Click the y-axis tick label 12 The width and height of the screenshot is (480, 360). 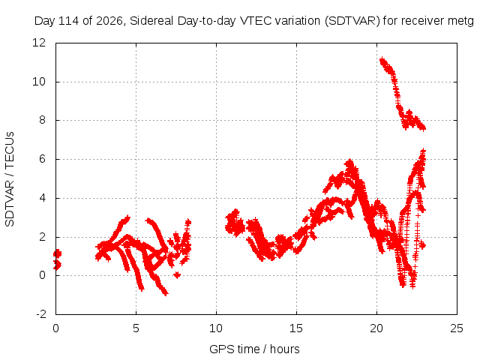tap(39, 43)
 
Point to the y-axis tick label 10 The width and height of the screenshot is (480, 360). tap(39, 82)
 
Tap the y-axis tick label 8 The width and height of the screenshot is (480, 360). tap(42, 120)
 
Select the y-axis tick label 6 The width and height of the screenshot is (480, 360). tap(42, 159)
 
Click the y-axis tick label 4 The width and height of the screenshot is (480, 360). tap(42, 198)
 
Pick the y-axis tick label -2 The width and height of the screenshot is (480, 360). tap(41, 314)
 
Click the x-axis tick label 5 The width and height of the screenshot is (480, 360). tap(136, 328)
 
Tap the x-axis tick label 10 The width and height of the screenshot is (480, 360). tap(216, 328)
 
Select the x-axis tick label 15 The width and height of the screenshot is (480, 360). tap(296, 328)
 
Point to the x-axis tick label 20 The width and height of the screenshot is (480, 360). tap(376, 328)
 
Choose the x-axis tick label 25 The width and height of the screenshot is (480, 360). tap(457, 328)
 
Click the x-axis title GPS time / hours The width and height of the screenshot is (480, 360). tap(254, 349)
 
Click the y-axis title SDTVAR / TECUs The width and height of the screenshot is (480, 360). tap(10, 179)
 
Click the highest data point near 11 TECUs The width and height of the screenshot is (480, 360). tap(382, 60)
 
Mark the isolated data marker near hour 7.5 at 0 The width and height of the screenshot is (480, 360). tap(177, 275)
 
